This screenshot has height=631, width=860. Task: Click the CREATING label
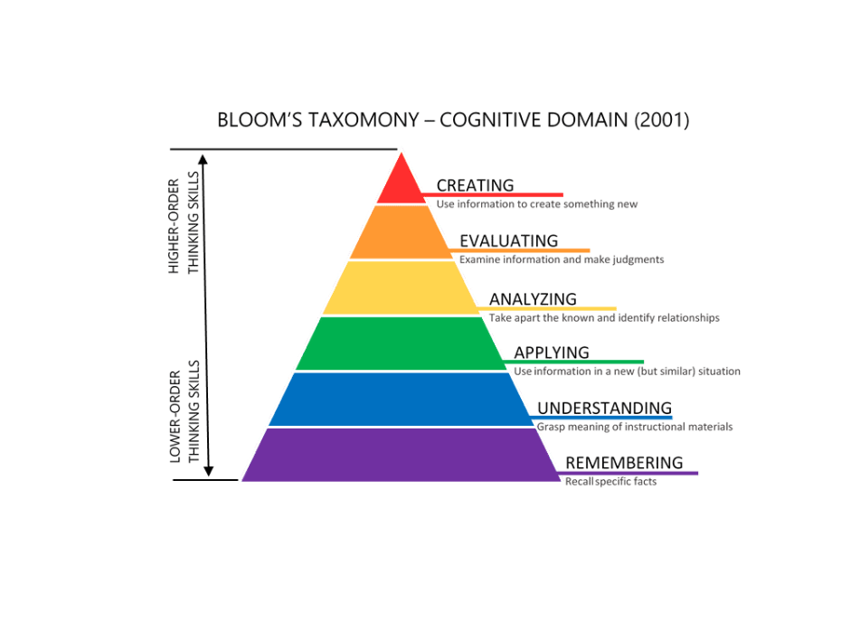click(475, 185)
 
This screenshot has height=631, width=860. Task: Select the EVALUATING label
click(508, 240)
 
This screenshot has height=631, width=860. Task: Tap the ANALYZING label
click(533, 298)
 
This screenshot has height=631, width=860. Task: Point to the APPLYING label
click(552, 353)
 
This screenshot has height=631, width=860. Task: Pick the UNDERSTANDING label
click(604, 408)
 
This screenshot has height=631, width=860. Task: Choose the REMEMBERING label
click(624, 463)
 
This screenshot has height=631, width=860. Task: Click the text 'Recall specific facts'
click(610, 481)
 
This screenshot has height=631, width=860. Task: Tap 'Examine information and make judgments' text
click(562, 259)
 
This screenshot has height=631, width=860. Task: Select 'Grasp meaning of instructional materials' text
click(635, 427)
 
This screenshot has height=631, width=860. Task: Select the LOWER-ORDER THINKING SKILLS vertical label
click(184, 411)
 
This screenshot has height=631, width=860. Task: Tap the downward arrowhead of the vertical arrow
click(209, 469)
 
